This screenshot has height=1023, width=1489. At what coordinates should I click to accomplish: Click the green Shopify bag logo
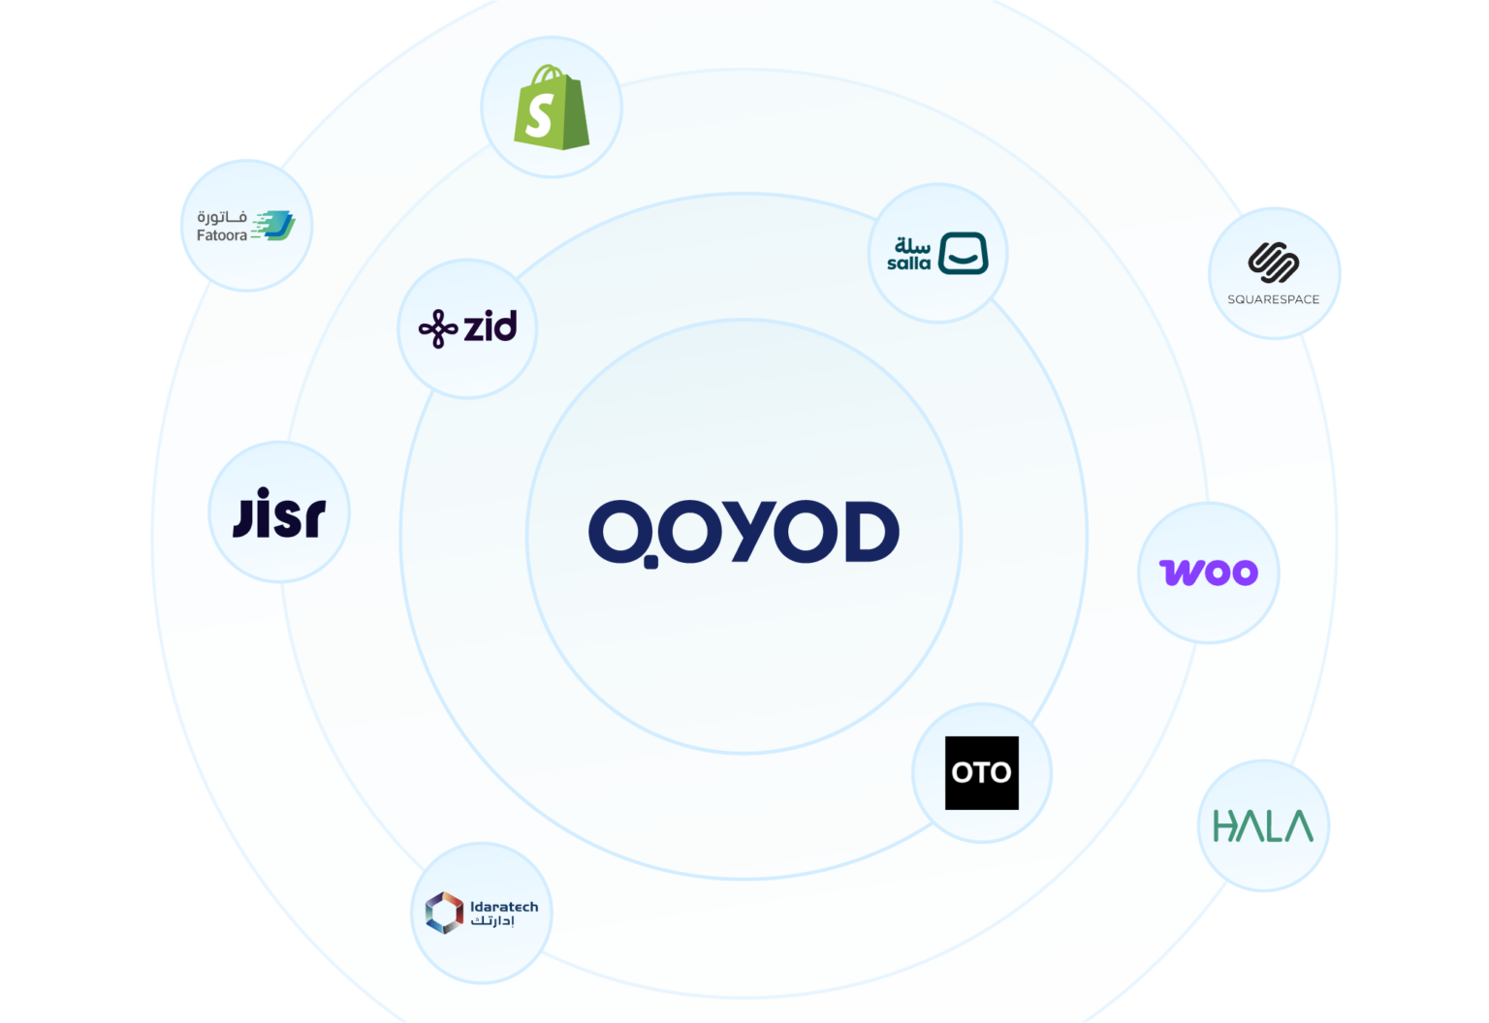551,107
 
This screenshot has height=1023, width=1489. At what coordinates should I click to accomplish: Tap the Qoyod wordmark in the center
744,534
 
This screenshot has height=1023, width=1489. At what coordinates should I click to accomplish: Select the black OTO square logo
982,772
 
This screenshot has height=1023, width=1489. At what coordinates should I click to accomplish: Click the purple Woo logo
1209,573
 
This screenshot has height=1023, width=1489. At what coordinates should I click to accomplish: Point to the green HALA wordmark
1263,825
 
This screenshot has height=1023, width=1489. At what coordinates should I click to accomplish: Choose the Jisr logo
279,512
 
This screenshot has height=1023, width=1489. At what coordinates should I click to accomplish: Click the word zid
490,325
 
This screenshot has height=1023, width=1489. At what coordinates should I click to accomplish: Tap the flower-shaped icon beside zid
438,328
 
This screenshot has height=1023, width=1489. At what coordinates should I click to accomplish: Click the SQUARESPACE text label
1274,299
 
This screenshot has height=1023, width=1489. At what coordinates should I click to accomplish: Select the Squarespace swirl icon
1274,263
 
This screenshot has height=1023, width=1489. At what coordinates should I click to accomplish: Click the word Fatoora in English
221,235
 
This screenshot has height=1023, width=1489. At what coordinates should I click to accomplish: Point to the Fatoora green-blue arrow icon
273,225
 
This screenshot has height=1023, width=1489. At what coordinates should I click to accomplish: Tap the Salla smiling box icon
964,253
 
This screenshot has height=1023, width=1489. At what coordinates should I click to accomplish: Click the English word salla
908,263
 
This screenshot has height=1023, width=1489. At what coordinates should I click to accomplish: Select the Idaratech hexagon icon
444,913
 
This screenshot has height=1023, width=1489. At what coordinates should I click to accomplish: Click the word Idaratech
504,907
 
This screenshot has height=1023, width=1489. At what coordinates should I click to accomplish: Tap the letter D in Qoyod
872,532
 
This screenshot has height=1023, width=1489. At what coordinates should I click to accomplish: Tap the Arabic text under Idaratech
492,921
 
